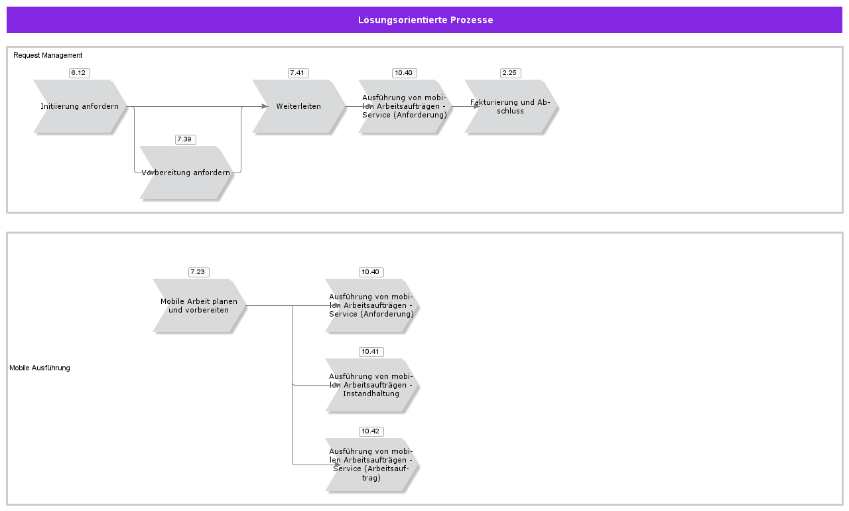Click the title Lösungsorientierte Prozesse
coord(425,20)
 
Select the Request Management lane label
coord(48,55)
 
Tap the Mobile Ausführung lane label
coord(40,368)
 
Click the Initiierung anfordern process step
coord(80,106)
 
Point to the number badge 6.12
coord(79,73)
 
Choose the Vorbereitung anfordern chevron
coord(186,173)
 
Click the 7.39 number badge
coord(185,139)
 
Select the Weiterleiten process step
coord(298,106)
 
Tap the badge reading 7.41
coord(298,73)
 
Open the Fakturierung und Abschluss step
coord(510,106)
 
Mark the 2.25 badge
coord(510,73)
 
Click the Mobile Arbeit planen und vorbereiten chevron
coord(198,305)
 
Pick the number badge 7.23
coord(198,272)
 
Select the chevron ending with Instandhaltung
coord(371,385)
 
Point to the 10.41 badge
coord(371,352)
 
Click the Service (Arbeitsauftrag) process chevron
coord(371,465)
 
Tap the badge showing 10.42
coord(371,431)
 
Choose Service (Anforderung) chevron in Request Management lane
coord(404,106)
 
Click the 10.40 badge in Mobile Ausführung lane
coord(371,272)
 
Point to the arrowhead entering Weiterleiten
coord(265,106)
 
